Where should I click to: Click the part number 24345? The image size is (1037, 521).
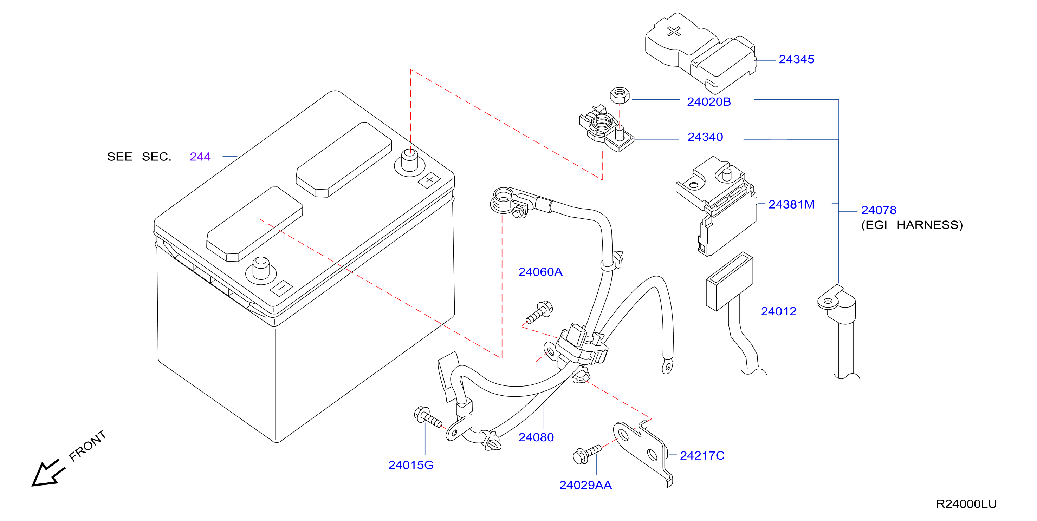tap(796, 60)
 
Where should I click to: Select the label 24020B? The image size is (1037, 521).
tap(708, 102)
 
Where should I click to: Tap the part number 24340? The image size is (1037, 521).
tap(705, 137)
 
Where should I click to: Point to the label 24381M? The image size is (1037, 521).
tap(791, 204)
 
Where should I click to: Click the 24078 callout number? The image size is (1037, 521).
tap(879, 210)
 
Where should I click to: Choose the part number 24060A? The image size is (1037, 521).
tap(540, 272)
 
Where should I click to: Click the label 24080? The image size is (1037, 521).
tap(536, 437)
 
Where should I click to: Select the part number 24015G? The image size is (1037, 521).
tap(410, 465)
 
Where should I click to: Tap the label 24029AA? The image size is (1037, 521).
tap(585, 485)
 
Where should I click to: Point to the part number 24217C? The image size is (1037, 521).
tap(702, 455)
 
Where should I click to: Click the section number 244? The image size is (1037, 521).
tap(200, 157)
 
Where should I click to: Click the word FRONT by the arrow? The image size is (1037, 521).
tap(88, 446)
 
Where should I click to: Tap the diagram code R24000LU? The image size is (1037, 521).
tap(966, 504)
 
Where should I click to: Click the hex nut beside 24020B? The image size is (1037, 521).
tap(620, 95)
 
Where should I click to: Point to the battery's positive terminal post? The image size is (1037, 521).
tap(410, 160)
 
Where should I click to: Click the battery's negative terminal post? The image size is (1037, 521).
tap(260, 268)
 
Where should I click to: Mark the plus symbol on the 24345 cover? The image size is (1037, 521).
tap(674, 31)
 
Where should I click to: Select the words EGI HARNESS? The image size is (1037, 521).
tap(912, 225)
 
